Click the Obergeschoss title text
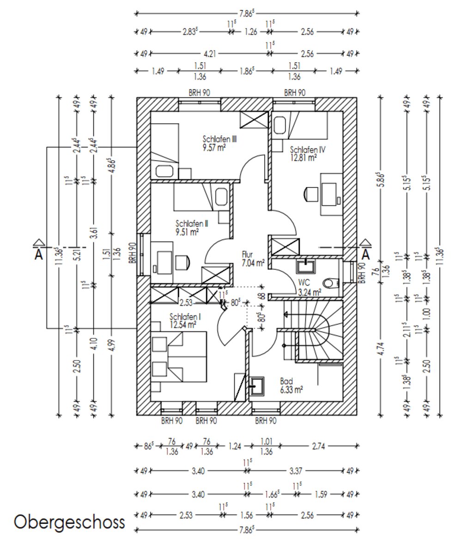(x=70, y=522)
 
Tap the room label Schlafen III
(x=220, y=139)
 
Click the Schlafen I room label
(x=185, y=317)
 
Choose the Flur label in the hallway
(x=248, y=254)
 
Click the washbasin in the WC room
(x=305, y=266)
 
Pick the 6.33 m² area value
(x=291, y=390)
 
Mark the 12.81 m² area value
(x=303, y=157)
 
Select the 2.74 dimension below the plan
(x=319, y=446)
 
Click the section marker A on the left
(x=39, y=253)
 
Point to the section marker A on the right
(x=366, y=253)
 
